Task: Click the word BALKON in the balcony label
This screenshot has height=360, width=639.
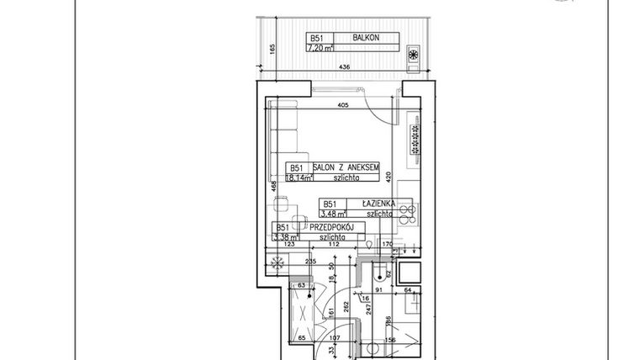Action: (363, 38)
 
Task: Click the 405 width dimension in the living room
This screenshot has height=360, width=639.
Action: (342, 106)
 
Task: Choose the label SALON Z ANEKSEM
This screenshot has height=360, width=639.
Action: (347, 168)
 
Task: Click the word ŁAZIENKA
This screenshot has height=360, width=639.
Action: (378, 204)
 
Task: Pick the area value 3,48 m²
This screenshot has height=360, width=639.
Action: (333, 214)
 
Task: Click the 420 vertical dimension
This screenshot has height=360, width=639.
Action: (389, 177)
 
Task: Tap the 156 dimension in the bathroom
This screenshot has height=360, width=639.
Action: (390, 340)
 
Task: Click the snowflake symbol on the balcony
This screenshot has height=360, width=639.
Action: (413, 56)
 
